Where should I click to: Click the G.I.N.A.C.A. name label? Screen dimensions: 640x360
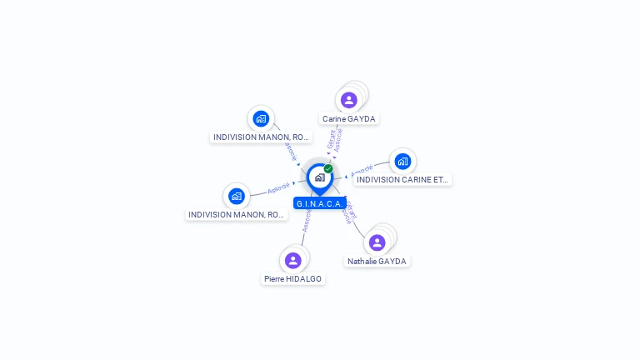(320, 203)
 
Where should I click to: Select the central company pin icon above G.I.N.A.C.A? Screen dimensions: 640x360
(319, 177)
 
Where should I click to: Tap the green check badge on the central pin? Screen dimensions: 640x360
(328, 168)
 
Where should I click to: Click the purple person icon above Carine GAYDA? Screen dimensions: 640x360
(348, 100)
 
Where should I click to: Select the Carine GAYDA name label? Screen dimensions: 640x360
(349, 119)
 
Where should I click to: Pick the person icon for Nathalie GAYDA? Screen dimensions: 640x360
(377, 242)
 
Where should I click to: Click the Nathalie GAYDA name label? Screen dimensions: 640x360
(377, 262)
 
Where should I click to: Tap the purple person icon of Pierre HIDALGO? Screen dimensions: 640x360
(292, 260)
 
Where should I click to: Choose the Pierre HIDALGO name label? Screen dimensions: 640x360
(292, 279)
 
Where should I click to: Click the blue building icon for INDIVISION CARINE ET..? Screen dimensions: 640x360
(402, 161)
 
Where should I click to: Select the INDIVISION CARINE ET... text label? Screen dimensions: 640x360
(402, 180)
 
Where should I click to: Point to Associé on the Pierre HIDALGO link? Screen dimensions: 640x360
(307, 221)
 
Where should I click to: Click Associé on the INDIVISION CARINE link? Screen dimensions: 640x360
(362, 170)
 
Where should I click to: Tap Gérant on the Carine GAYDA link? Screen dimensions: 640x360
(331, 140)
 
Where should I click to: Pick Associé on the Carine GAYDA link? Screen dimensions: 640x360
(338, 139)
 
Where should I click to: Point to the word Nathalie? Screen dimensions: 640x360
(362, 262)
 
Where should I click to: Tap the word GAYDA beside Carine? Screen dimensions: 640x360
(362, 119)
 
